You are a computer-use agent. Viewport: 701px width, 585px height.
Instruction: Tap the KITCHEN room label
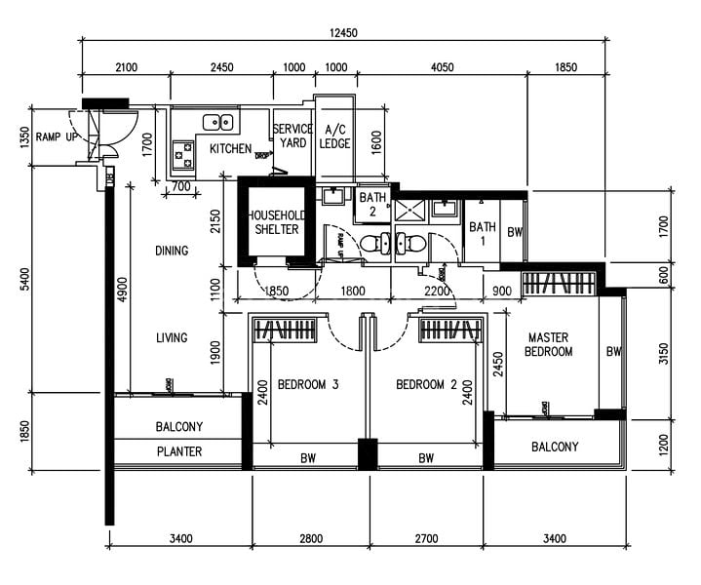click(x=230, y=149)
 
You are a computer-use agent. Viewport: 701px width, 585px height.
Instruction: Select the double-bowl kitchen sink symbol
click(x=217, y=122)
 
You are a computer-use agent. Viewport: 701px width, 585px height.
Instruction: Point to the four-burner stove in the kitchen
click(x=183, y=153)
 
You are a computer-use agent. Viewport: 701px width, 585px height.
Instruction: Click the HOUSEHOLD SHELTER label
click(x=275, y=222)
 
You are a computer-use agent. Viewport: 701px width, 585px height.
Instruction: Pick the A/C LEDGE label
click(x=334, y=136)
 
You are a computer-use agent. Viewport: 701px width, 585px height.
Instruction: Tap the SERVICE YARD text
click(x=292, y=136)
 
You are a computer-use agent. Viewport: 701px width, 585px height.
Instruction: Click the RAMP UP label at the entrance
click(x=56, y=136)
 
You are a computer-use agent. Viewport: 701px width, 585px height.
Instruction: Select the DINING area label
click(x=171, y=251)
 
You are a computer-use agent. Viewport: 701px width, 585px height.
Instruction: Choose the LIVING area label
click(x=171, y=338)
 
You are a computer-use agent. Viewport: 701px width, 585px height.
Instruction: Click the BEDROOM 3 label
click(x=307, y=385)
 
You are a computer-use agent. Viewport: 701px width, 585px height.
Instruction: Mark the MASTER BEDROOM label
click(x=549, y=344)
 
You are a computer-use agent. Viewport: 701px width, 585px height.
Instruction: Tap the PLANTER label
click(x=179, y=451)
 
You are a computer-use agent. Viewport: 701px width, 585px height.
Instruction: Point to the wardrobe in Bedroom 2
click(x=451, y=331)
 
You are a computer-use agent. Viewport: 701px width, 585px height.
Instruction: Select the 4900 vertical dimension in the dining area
click(x=123, y=290)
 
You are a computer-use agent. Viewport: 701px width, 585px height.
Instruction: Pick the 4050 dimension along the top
click(x=442, y=67)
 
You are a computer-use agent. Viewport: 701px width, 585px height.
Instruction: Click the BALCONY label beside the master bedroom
click(x=555, y=448)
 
